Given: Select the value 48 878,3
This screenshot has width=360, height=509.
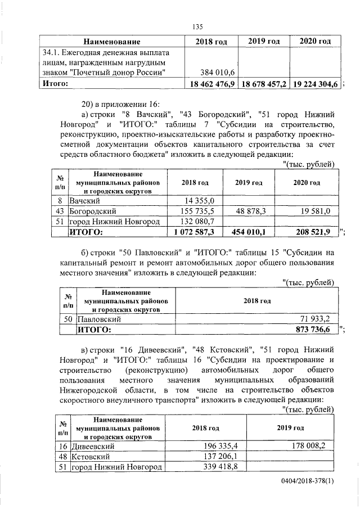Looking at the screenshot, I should click(255, 211).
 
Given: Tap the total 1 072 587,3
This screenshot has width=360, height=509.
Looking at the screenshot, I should click(198, 232).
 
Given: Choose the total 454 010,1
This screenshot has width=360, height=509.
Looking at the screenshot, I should click(254, 232).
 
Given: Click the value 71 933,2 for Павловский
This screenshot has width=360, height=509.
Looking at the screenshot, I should click(318, 318).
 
